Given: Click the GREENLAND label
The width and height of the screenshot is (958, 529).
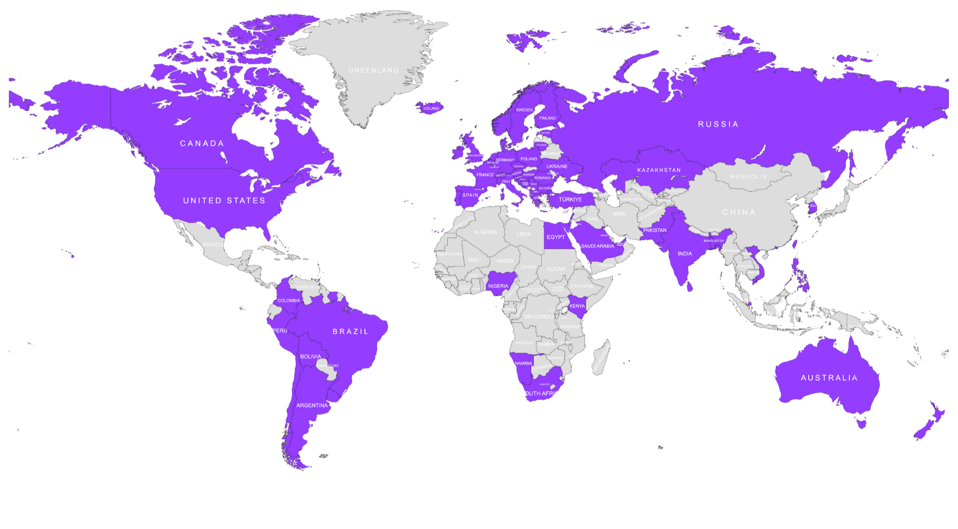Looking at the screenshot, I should coord(373,70).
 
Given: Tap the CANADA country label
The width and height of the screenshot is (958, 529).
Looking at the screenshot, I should coord(202,143).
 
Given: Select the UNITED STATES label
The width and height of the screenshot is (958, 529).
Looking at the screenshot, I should coord(224,200).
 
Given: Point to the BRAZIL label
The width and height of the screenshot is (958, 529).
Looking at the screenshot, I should coord(350,331).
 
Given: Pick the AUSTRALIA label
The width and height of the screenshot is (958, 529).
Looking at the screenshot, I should coord(829,378).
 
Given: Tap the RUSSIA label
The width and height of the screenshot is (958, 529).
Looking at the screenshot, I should coord(718,124).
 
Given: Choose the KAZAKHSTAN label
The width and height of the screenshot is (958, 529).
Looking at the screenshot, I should coord(659,170).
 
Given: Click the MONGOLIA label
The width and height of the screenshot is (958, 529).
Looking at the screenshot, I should coord(748,176).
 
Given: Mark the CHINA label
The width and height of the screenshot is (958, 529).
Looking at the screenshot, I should coord(738,212).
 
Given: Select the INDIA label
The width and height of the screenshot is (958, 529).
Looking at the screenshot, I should coord(685,254).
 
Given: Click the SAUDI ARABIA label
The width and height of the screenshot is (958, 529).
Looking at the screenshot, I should coord(597,246).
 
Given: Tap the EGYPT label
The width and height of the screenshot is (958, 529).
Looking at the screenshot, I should coord(556,237).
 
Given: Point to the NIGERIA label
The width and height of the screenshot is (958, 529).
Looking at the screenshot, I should coord(498,286).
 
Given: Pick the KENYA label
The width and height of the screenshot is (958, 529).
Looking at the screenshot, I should coord(577,306).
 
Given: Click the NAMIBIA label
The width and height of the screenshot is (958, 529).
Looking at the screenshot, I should coord(523,363).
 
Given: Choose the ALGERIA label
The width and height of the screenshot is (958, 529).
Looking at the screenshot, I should coord(485,232).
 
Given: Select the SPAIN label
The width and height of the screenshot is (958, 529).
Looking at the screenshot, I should coord(470,195).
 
